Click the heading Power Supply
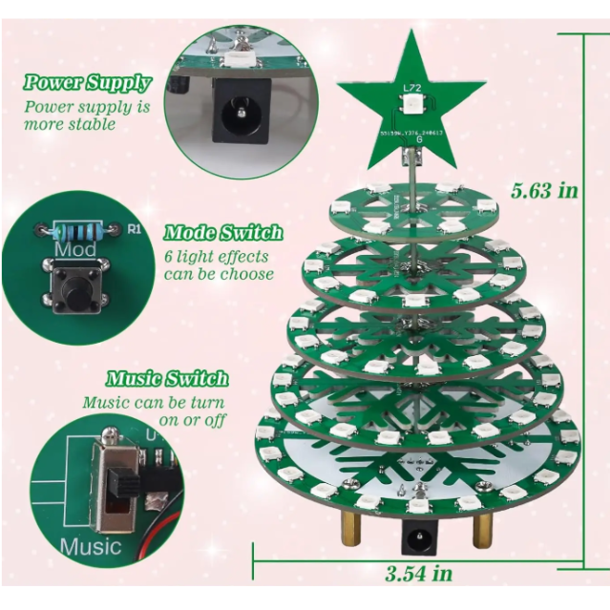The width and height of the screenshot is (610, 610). coord(87,83)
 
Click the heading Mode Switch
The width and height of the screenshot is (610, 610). coord(223,233)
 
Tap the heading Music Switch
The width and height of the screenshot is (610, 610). coord(167,379)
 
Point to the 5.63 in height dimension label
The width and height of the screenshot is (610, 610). coord(544,190)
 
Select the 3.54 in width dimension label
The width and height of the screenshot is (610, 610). coord(418,573)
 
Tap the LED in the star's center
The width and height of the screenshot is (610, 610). coord(412,103)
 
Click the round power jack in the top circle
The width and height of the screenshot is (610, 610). coord(231,113)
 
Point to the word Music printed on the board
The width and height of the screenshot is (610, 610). coord(91,547)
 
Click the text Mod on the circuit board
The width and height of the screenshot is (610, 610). coord(75,250)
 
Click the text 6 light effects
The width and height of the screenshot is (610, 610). coord(216,256)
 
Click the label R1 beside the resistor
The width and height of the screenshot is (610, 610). coord(134,229)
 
